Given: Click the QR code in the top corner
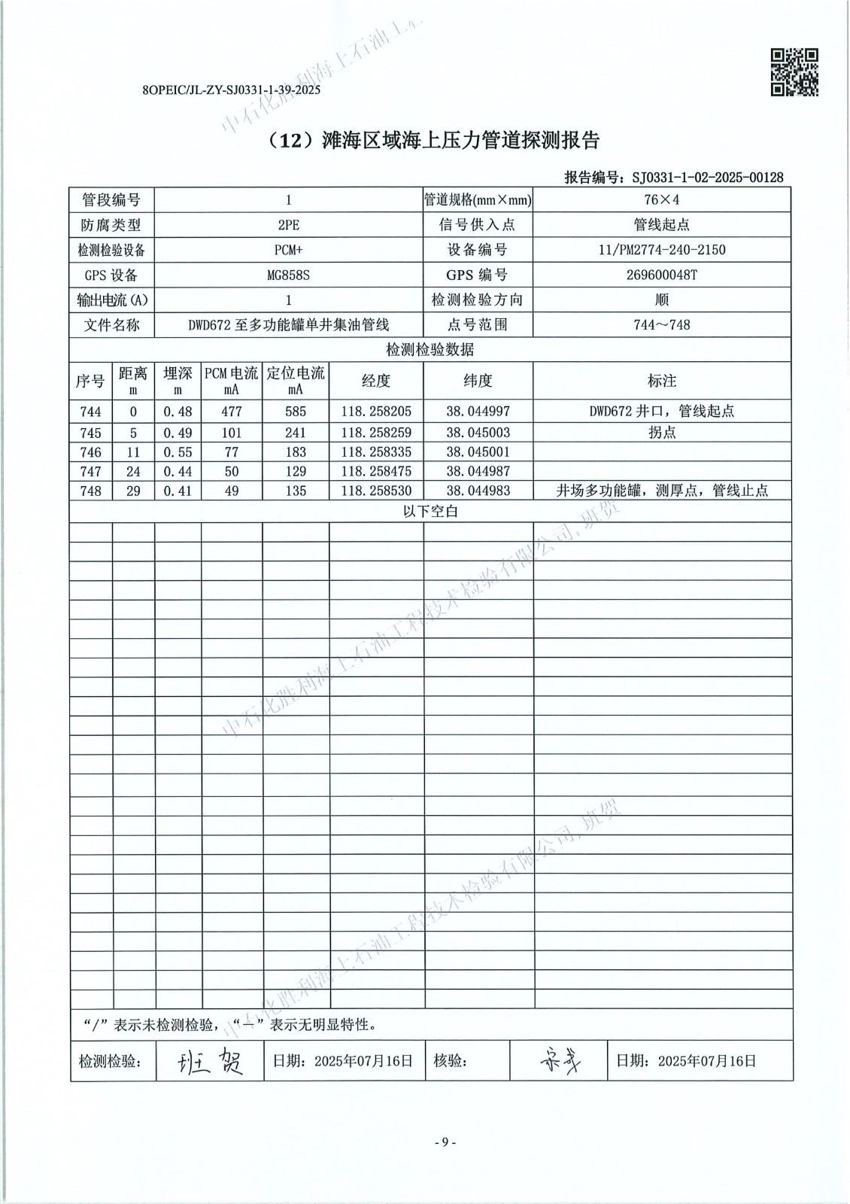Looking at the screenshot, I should click(794, 72).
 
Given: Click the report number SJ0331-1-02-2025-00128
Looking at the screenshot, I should click(707, 178).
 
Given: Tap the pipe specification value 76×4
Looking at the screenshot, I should click(662, 200).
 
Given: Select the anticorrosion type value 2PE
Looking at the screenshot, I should click(288, 225).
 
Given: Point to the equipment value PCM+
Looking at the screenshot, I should click(288, 250).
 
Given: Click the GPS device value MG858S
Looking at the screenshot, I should click(288, 275).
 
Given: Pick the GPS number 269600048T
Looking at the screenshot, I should click(662, 275).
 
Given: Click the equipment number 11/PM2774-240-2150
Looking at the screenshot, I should click(662, 250).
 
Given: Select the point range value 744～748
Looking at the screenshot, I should click(662, 325).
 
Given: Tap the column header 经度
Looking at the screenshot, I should click(376, 381).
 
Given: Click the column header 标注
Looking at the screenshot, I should click(662, 381).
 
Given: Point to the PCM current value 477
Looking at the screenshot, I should click(232, 412).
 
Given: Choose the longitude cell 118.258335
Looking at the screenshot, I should click(376, 452).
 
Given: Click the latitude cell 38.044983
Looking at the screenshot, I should click(478, 491).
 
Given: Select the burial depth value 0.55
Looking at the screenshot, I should click(178, 452).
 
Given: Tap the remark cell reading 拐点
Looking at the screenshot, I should click(662, 433).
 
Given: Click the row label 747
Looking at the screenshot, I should click(90, 472).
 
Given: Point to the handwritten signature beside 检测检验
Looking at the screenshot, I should click(210, 1062).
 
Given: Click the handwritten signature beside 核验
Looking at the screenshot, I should click(560, 1062).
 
